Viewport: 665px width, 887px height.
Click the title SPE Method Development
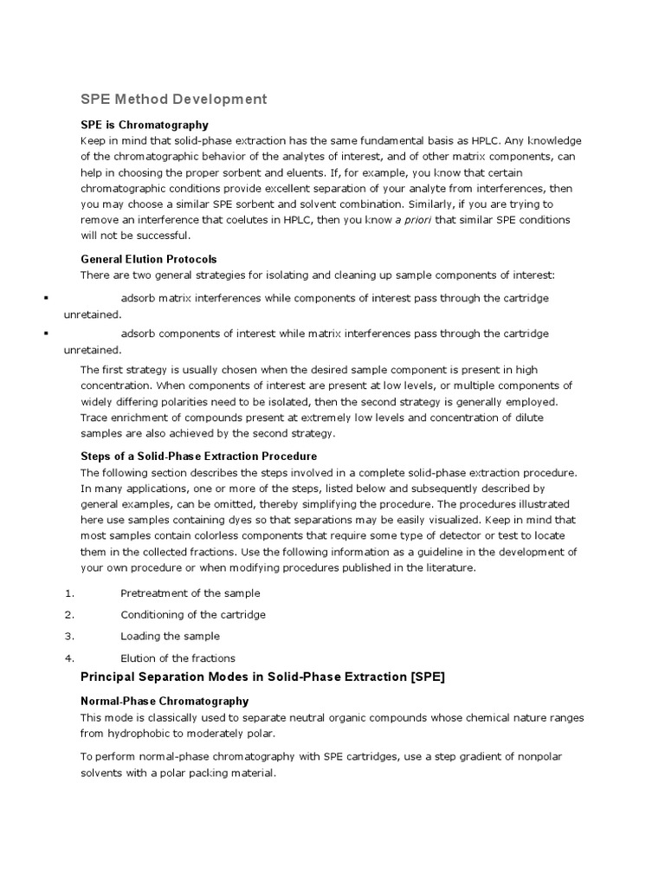click(174, 99)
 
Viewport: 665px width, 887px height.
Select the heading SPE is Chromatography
click(145, 125)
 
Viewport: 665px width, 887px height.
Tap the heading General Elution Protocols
click(148, 259)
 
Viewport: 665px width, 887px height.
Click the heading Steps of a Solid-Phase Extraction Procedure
click(198, 456)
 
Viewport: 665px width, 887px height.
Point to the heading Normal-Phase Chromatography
click(165, 701)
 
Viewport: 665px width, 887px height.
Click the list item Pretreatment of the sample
click(190, 593)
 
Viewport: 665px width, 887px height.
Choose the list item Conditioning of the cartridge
click(193, 614)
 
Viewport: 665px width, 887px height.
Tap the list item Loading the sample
click(170, 636)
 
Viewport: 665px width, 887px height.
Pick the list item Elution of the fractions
click(178, 658)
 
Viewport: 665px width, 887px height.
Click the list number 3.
click(69, 636)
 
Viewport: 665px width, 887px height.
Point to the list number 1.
click(69, 593)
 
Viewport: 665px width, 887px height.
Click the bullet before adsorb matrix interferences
click(44, 298)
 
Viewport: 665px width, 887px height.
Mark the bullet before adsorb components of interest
click(44, 333)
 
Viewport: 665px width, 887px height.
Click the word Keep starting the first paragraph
click(93, 140)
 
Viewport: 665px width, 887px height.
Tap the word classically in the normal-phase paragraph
click(165, 717)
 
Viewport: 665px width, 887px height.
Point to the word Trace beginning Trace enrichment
click(94, 418)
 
